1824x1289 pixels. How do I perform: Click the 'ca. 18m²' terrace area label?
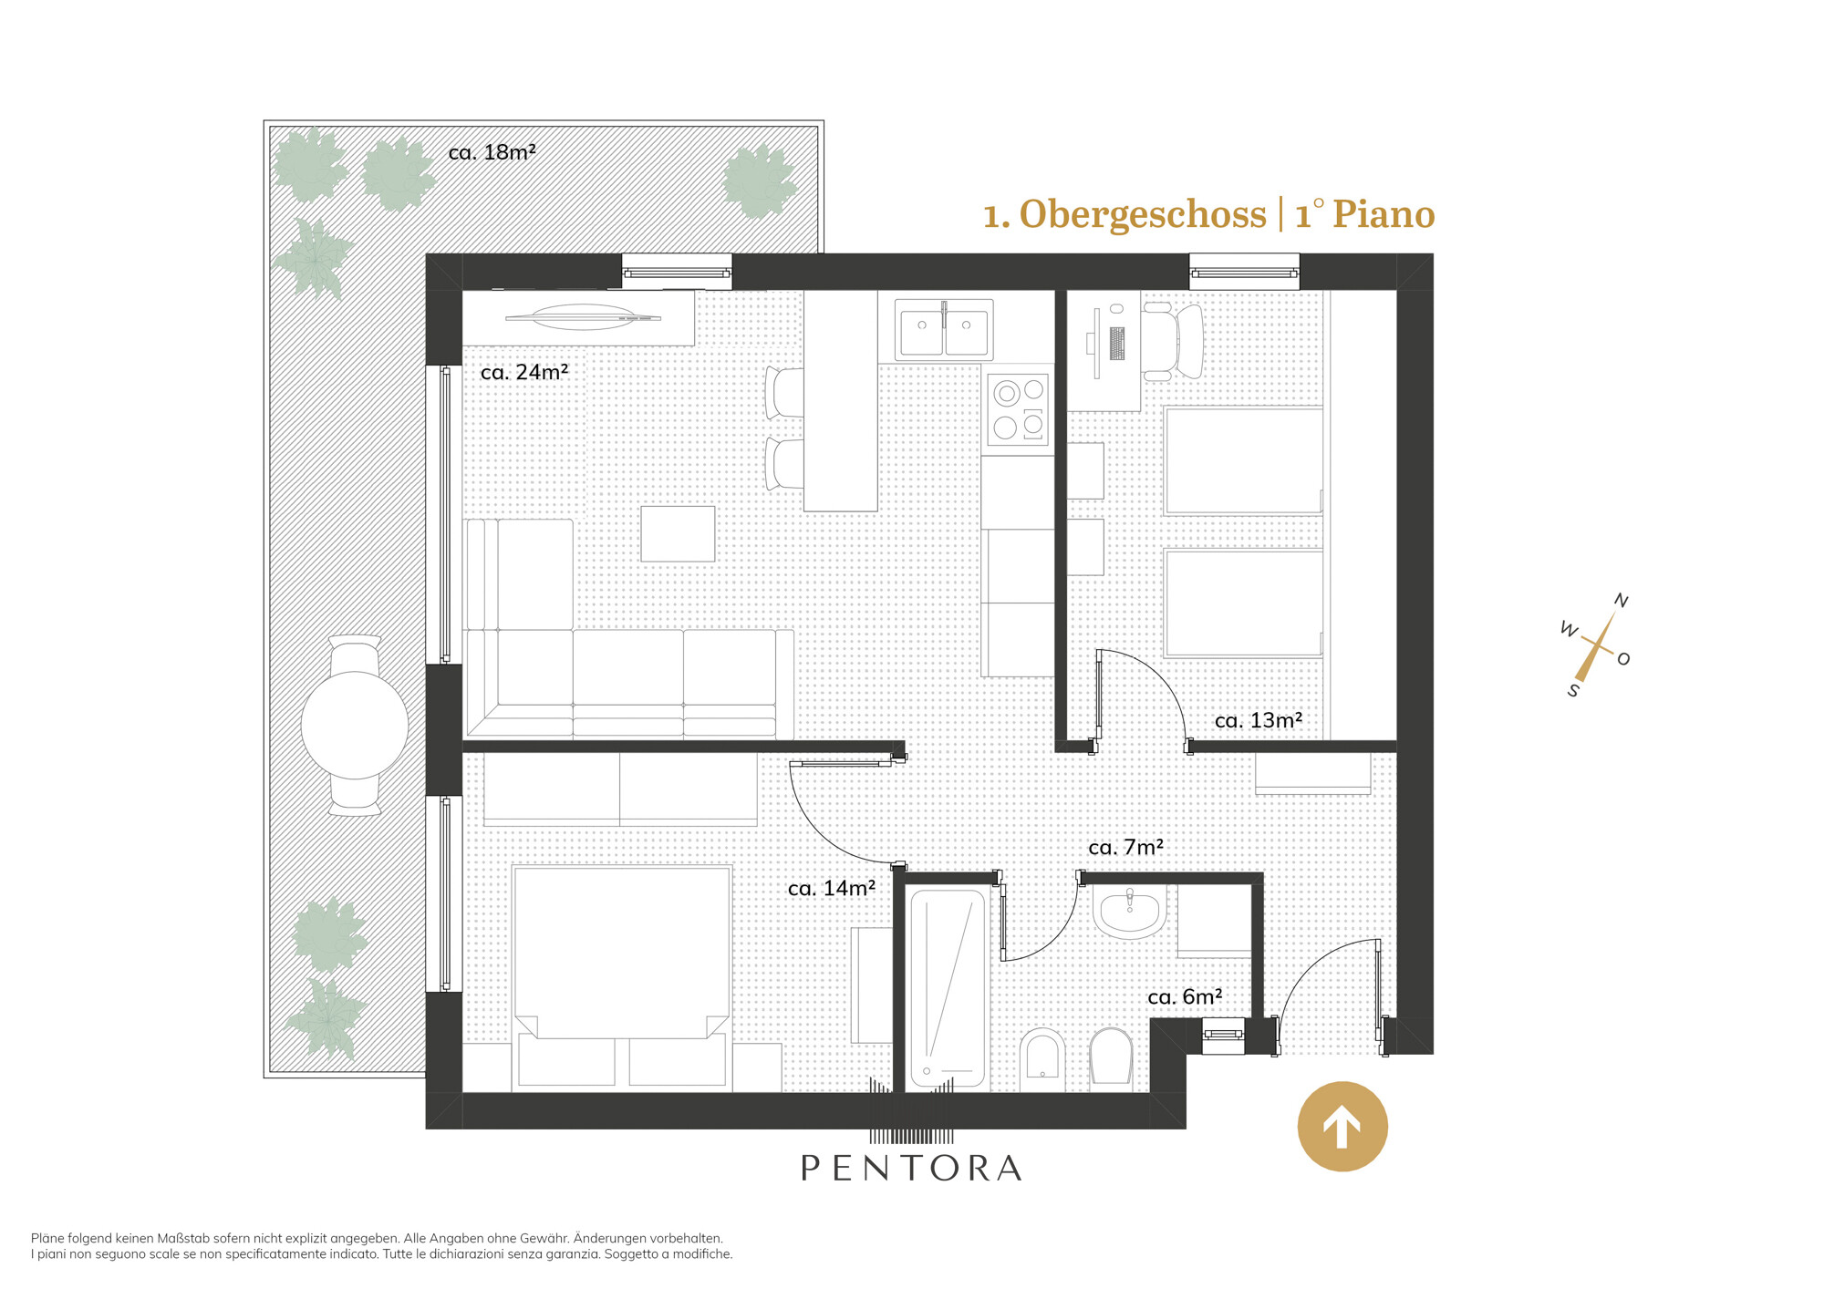(492, 152)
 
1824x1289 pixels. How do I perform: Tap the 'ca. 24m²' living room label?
(524, 372)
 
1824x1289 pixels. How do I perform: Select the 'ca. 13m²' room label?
(1259, 720)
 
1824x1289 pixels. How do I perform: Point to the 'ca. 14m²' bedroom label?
(832, 888)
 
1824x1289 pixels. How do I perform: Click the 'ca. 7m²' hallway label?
(1125, 847)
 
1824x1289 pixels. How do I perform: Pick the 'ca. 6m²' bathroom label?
(1185, 997)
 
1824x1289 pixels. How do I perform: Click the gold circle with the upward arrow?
(1342, 1127)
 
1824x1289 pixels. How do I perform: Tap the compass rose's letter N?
(1621, 600)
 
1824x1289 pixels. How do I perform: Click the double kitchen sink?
(944, 328)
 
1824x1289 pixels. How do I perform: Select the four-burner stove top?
(1019, 409)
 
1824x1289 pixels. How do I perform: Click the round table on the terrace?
(355, 726)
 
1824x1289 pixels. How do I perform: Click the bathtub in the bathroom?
(948, 988)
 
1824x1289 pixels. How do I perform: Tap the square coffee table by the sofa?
(678, 534)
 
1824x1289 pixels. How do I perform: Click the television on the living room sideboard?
(583, 317)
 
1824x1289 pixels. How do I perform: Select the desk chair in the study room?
(1174, 342)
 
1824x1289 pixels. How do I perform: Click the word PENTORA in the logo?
(911, 1168)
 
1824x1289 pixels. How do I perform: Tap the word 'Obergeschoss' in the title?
(1142, 214)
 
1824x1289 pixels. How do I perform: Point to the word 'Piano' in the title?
(1384, 214)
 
